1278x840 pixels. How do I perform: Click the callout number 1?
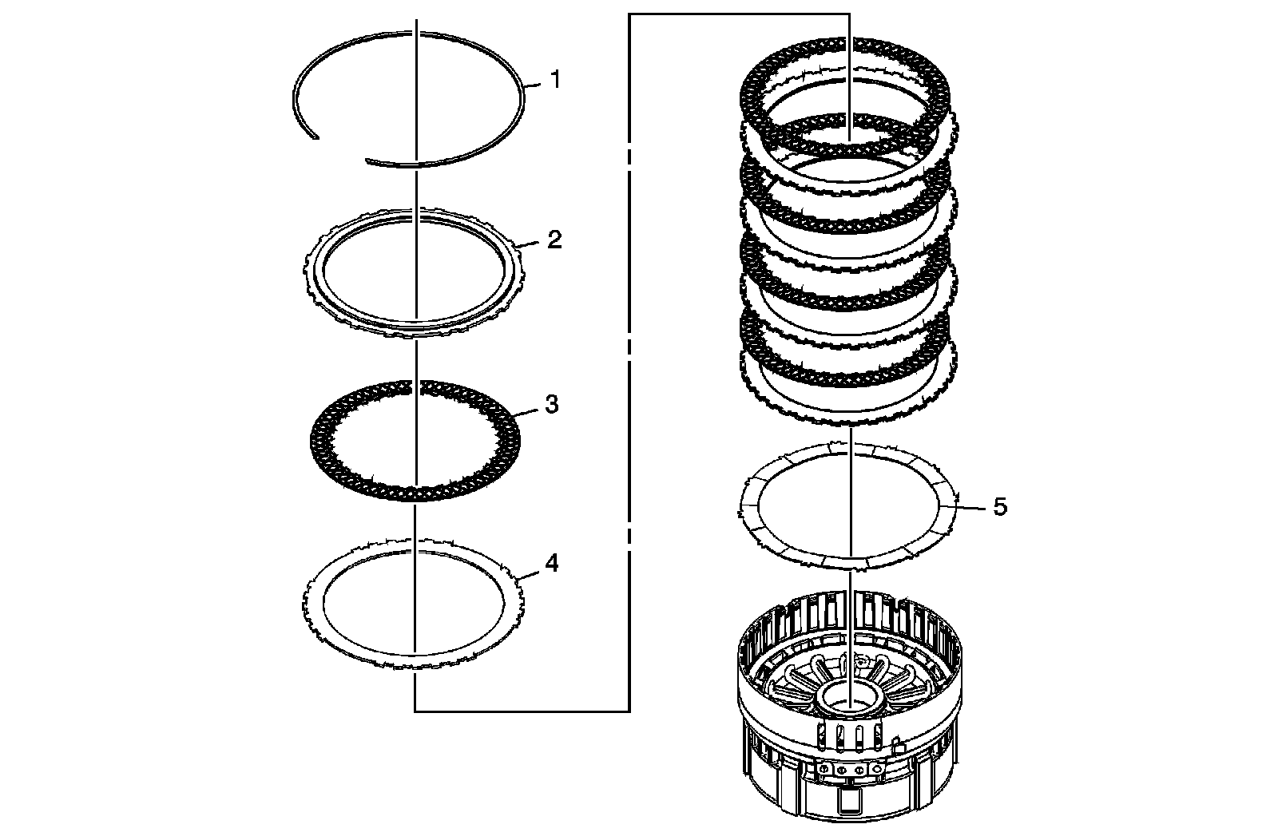tap(555, 80)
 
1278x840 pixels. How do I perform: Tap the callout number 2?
tap(554, 240)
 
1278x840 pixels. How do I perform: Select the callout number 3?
tap(551, 405)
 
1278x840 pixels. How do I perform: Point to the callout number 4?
tap(551, 564)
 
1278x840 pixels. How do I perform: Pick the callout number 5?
tap(1000, 507)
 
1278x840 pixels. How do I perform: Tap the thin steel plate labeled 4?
tap(319, 623)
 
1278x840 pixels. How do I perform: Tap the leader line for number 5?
tap(970, 506)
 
